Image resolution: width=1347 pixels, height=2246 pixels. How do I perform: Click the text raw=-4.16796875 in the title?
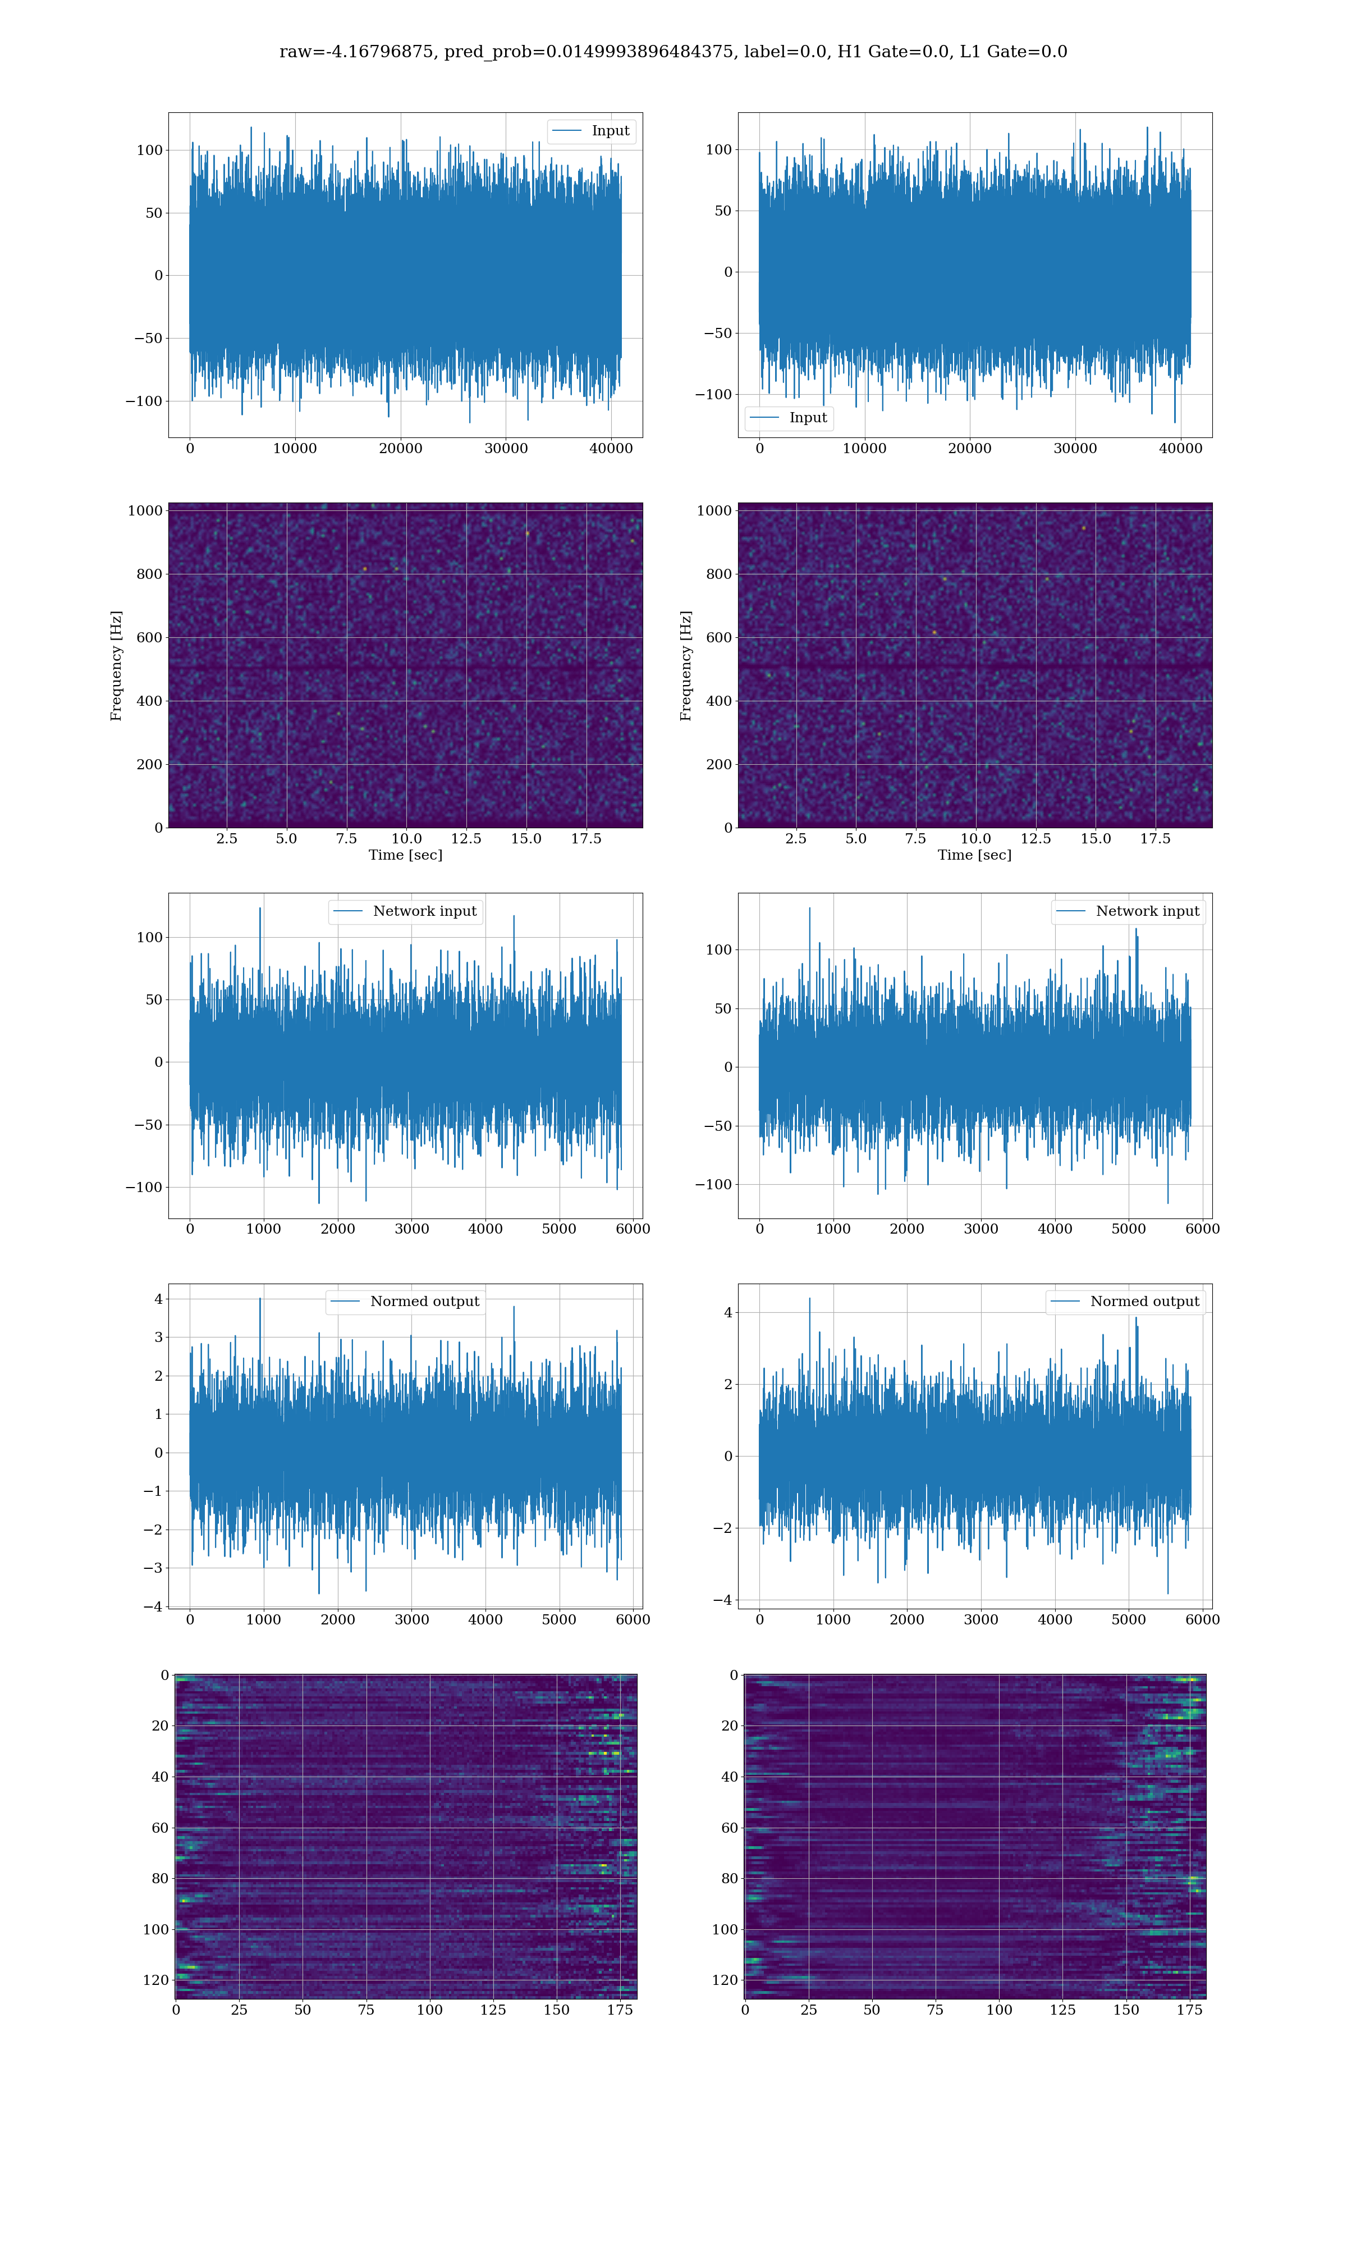coord(356,52)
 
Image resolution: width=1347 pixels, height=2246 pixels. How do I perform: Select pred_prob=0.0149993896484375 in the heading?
coord(588,52)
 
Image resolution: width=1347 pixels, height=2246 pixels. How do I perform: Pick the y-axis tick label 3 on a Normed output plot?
coord(159,1337)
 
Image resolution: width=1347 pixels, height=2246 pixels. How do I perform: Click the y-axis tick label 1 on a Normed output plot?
coord(159,1414)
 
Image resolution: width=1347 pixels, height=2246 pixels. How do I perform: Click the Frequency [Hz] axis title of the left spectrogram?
coord(116,665)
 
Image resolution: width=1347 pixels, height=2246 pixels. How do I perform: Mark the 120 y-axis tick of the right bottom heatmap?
coord(725,1980)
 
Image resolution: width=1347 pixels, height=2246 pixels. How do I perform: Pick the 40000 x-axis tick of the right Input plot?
coord(1180,449)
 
